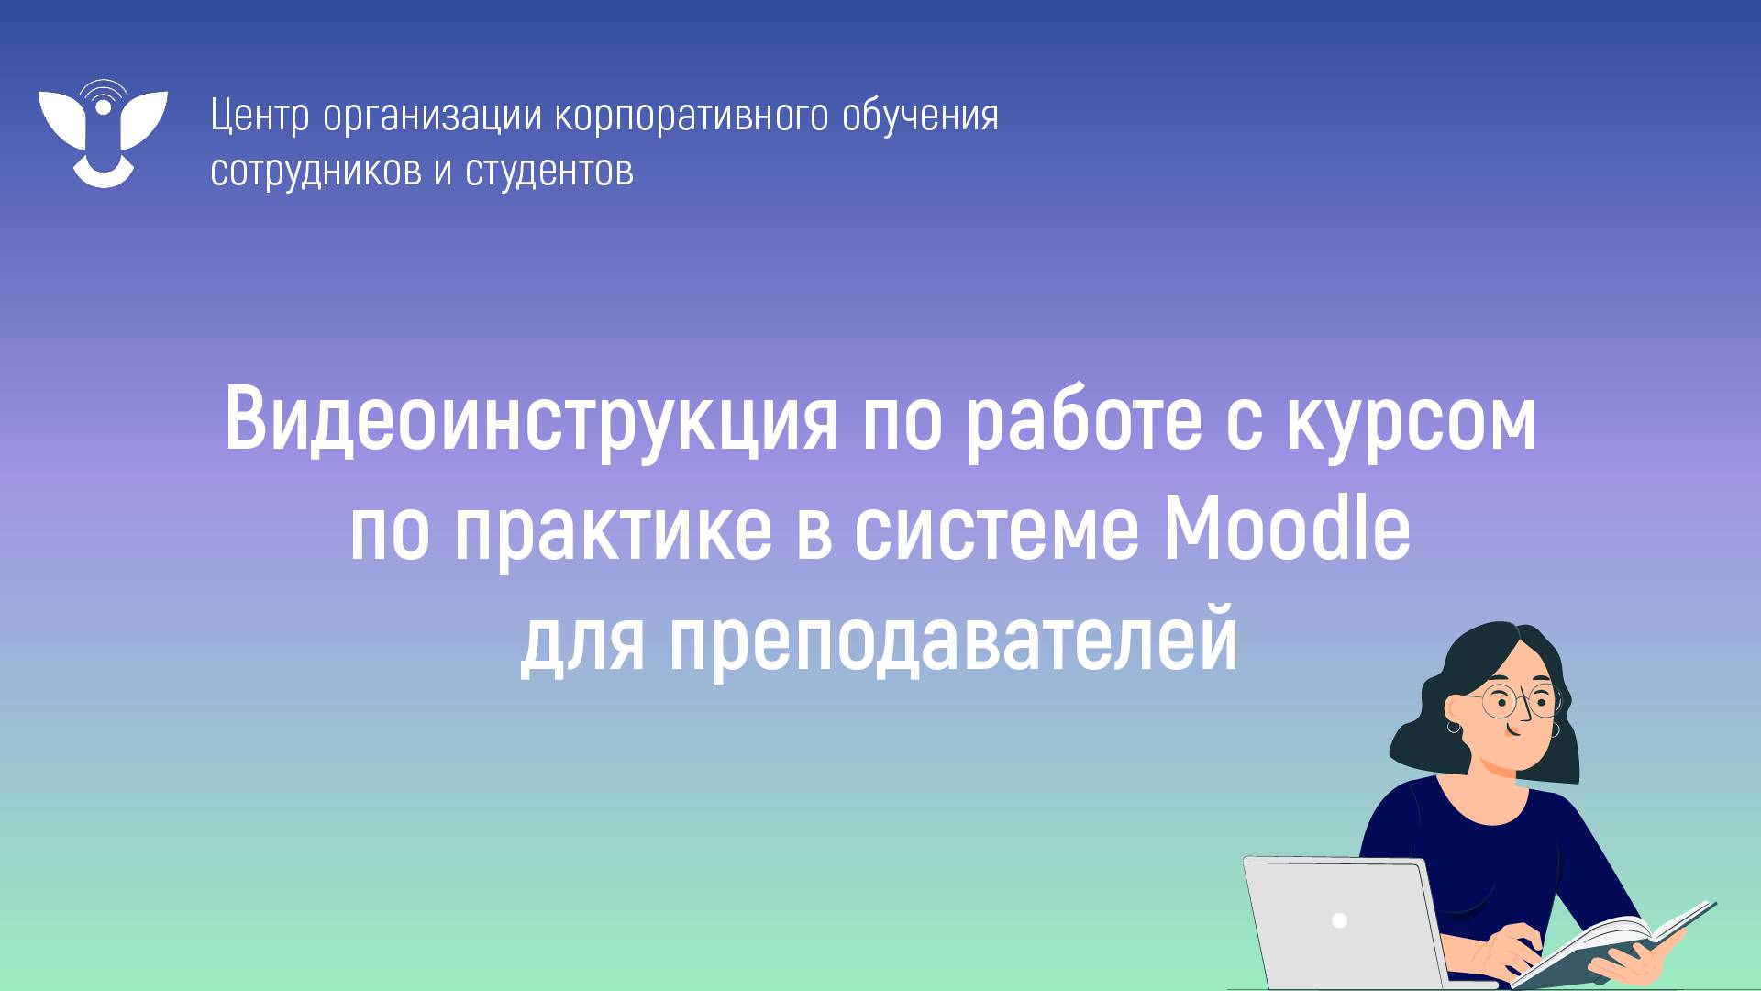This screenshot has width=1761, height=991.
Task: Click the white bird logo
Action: point(103,133)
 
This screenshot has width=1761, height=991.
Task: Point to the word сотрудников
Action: point(316,171)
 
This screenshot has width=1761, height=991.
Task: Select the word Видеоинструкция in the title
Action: point(530,423)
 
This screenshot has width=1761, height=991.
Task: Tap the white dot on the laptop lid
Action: point(1339,919)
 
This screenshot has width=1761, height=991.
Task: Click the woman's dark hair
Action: point(1467,661)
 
